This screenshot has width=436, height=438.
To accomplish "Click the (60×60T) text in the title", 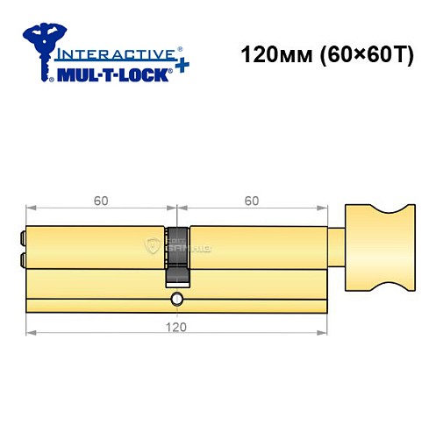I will (x=360, y=53).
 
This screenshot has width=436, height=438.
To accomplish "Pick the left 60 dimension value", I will (x=101, y=201).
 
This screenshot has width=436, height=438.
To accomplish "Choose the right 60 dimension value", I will (x=252, y=201).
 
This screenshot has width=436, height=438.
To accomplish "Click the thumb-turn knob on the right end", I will (x=379, y=248).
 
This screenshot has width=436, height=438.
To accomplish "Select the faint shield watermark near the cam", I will (x=155, y=246).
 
